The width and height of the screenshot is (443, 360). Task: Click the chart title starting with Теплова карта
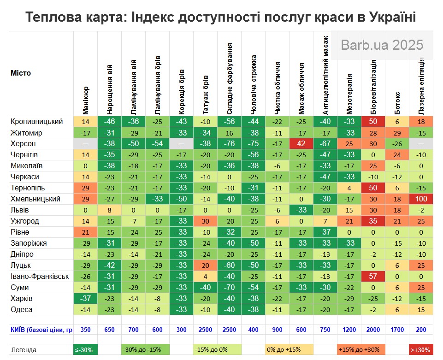coord(221,18)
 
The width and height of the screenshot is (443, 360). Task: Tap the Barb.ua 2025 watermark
coord(382,45)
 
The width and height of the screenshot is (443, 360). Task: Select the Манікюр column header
coord(86,100)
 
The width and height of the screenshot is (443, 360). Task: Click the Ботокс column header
coord(397,103)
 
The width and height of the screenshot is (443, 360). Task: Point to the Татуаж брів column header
coord(206,94)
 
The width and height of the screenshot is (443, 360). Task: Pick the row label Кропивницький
coord(37,122)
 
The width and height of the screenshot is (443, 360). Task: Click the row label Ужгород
coord(25,221)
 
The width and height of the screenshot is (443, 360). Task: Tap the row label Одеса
coord(22,310)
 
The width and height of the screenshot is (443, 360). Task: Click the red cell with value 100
coord(421,199)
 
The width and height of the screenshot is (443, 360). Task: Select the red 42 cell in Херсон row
coord(301,144)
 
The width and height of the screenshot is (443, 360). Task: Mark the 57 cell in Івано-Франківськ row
coord(373,277)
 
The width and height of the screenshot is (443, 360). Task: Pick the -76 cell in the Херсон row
coord(230,144)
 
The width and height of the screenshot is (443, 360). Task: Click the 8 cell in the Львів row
coord(110,210)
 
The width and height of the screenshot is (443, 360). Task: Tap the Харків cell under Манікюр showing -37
coord(86,299)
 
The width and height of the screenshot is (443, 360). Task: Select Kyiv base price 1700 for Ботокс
coord(397,330)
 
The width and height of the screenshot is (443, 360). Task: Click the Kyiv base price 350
coord(86,330)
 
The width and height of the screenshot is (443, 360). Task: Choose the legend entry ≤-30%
coord(86,350)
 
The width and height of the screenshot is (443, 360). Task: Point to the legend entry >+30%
coord(421,350)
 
